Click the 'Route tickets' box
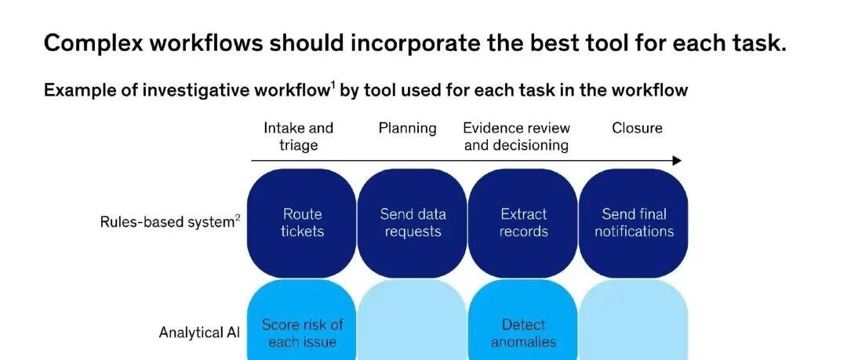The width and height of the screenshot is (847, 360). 301,224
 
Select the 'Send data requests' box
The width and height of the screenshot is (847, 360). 413,224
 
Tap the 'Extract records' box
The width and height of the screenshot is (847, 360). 523,224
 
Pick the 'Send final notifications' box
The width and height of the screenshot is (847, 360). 634,224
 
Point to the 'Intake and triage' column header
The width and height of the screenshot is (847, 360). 299,136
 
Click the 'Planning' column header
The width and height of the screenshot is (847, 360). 407,129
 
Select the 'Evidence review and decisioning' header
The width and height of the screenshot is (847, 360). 516,136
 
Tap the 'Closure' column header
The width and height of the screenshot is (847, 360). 637,128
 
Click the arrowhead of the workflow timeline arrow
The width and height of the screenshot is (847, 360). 678,161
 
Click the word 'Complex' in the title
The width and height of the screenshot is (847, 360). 93,42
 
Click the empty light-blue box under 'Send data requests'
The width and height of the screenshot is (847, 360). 413,319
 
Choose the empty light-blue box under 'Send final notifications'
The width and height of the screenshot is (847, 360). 634,319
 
